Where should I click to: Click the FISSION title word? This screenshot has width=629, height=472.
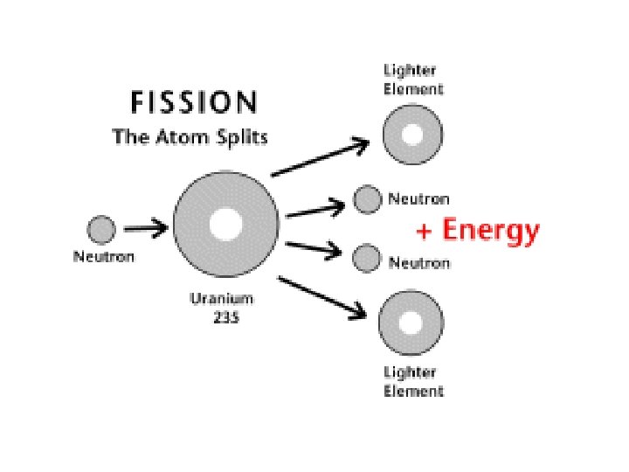click(193, 103)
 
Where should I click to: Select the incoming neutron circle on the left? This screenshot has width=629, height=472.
click(101, 231)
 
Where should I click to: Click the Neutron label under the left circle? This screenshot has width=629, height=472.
click(103, 258)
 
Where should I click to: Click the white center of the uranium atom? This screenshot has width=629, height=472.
click(225, 224)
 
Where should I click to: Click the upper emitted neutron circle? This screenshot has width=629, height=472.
click(368, 199)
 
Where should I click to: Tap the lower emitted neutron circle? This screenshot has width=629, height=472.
click(367, 258)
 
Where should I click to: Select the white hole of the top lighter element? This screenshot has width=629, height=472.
click(412, 135)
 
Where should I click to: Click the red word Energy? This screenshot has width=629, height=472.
click(490, 231)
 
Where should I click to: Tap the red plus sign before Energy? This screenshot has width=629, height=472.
click(425, 232)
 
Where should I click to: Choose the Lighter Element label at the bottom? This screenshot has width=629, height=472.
click(413, 382)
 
